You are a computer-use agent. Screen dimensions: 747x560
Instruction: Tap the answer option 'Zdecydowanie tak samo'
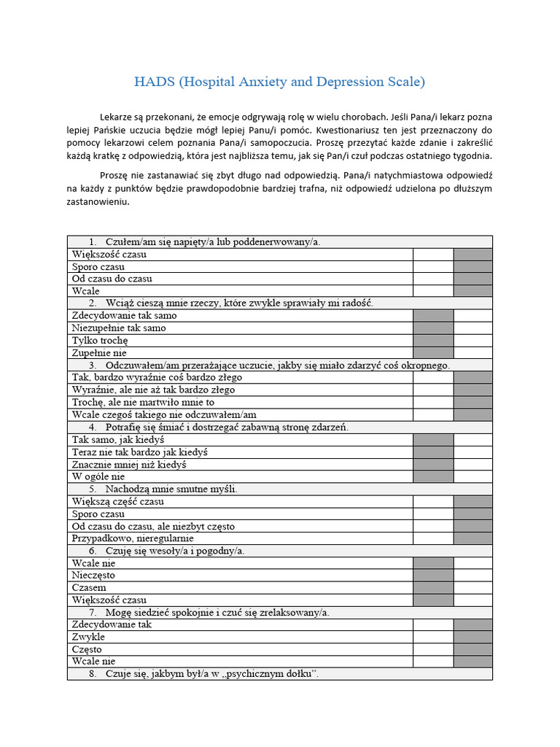click(x=124, y=316)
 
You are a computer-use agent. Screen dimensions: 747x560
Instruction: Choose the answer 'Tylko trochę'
click(x=100, y=341)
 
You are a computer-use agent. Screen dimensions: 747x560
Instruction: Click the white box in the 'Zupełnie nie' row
click(x=472, y=353)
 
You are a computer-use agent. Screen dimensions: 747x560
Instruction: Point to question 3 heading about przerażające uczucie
click(x=277, y=365)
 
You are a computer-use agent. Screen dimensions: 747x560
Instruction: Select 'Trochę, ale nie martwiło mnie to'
click(x=143, y=402)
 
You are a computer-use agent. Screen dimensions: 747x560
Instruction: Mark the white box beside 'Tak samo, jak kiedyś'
click(x=472, y=440)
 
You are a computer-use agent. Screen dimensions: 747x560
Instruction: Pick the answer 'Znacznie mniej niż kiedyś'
click(x=129, y=464)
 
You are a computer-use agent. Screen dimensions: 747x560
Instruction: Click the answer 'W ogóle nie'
click(x=98, y=476)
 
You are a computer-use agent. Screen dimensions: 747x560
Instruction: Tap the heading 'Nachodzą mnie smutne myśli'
click(x=171, y=489)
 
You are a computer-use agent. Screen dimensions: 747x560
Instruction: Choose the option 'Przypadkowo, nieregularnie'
click(x=133, y=538)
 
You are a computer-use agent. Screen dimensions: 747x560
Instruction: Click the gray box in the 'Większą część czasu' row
click(x=472, y=501)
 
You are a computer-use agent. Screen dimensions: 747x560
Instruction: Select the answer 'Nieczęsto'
click(x=93, y=576)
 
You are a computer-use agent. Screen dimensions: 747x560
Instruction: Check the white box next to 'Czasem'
click(x=472, y=588)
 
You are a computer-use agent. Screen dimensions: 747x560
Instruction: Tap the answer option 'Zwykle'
click(x=88, y=637)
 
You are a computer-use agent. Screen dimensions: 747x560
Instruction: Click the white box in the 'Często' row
click(x=433, y=649)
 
